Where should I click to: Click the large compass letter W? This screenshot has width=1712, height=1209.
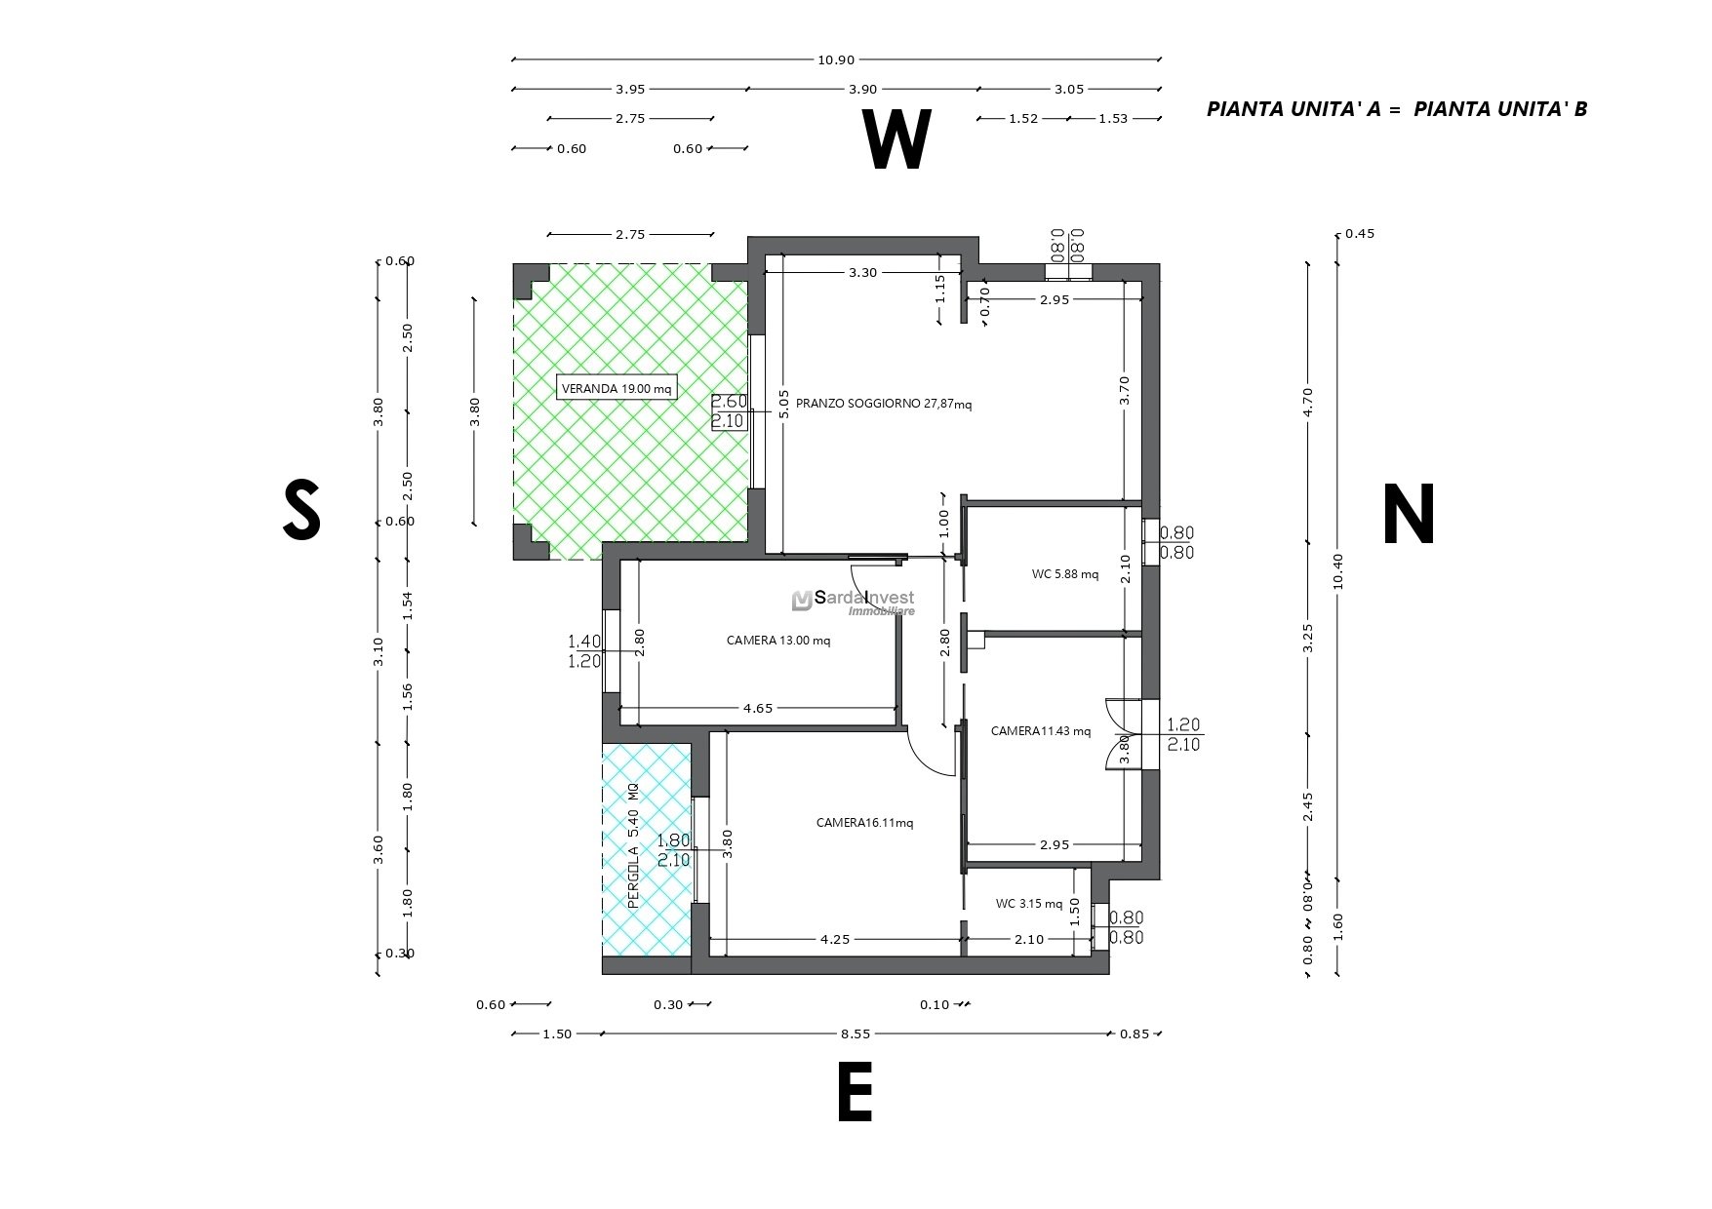pos(896,140)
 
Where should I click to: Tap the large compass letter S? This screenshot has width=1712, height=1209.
pos(301,510)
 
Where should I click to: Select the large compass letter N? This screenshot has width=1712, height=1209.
pos(1409,514)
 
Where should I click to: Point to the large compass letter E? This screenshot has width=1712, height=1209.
pos(855,1093)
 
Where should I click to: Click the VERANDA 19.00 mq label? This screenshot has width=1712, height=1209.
pos(617,389)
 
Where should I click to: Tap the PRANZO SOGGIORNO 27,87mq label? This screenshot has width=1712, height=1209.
pos(884,404)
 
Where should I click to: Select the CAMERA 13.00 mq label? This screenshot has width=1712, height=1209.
pos(778,641)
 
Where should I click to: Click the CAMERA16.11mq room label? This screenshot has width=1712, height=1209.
pos(864,823)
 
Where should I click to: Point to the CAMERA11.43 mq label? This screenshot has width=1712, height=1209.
pos(1041,731)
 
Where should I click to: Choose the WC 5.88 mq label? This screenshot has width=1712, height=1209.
pos(1065,574)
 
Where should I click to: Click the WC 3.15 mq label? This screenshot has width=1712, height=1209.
pos(1029,904)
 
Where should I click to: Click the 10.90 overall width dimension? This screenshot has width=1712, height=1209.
pos(836,59)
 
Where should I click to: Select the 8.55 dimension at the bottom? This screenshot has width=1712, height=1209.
pos(856,1034)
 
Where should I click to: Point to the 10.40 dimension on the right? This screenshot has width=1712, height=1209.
pos(1337,571)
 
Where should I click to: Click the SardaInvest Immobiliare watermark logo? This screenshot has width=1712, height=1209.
pos(854,603)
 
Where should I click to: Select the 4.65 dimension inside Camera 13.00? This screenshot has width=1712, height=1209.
pos(757,709)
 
